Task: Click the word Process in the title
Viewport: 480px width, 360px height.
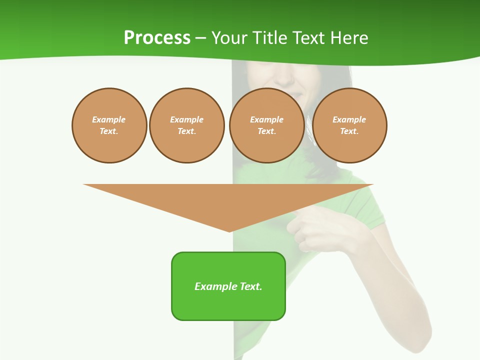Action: (157, 38)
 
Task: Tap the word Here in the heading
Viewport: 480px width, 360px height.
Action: (348, 38)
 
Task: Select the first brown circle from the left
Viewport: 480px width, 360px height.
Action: (109, 125)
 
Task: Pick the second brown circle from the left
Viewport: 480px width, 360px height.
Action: (186, 125)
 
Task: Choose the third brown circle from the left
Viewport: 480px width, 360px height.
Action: (266, 125)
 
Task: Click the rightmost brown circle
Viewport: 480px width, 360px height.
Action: (349, 125)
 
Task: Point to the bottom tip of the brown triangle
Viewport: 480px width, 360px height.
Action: (229, 231)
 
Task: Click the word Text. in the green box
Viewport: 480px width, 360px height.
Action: (251, 286)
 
